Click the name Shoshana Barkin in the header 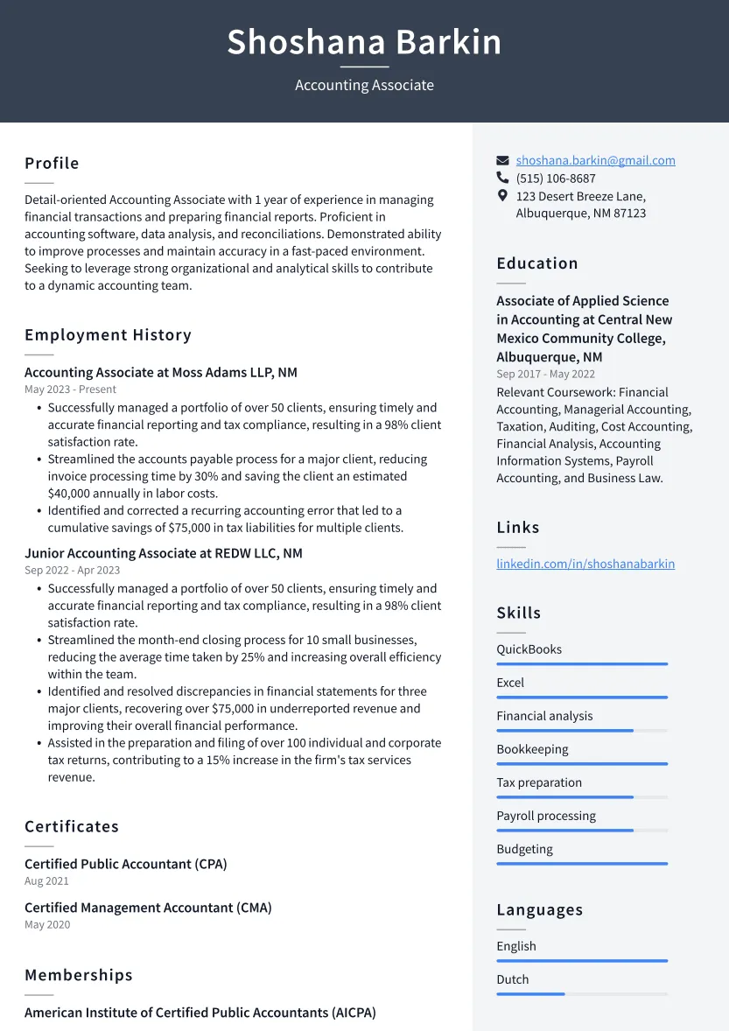click(x=364, y=42)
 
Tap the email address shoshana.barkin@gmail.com click(x=595, y=160)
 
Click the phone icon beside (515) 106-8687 click(x=502, y=179)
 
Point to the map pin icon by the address click(x=502, y=196)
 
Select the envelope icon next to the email click(x=502, y=161)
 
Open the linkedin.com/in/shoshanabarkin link click(x=585, y=564)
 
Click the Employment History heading click(x=108, y=335)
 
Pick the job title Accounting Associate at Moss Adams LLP click(x=161, y=372)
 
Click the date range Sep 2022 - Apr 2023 click(x=73, y=570)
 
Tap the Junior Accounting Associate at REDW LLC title click(x=164, y=553)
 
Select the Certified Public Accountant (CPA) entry click(x=126, y=864)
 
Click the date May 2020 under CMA click(x=47, y=924)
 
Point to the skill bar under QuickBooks click(x=582, y=664)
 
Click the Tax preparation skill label click(x=539, y=782)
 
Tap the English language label click(x=516, y=946)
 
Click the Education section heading click(x=537, y=263)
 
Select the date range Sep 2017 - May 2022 click(x=546, y=374)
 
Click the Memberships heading click(x=79, y=975)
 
